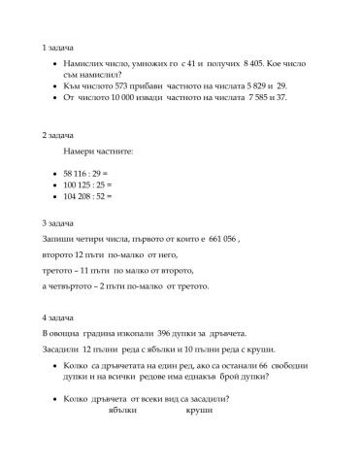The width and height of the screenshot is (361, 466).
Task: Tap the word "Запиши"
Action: click(59, 239)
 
